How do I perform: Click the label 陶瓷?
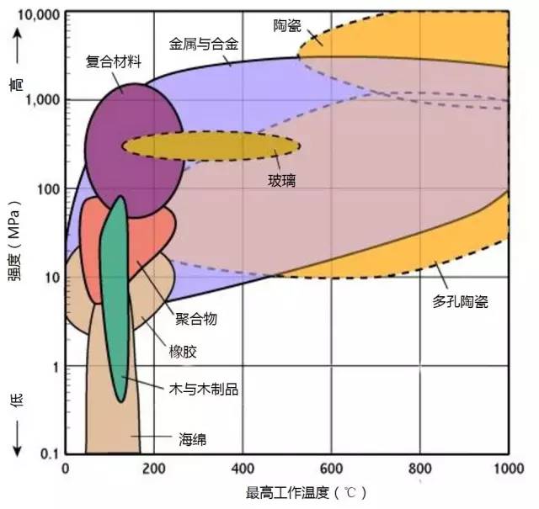287,26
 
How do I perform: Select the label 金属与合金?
204,44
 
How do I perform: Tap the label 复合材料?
114,62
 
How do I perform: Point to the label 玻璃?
282,181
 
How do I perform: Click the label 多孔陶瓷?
461,301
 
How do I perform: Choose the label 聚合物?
196,319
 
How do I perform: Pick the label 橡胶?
183,352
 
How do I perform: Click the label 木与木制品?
204,390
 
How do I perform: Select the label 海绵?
193,439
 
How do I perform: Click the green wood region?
115,299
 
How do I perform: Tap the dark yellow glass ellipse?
211,146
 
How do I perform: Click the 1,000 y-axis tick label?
43,100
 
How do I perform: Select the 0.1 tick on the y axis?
50,454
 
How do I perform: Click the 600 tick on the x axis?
331,469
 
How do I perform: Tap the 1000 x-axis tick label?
509,469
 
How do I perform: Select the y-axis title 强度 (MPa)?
14,241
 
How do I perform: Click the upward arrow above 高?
17,46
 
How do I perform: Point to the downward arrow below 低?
17,438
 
